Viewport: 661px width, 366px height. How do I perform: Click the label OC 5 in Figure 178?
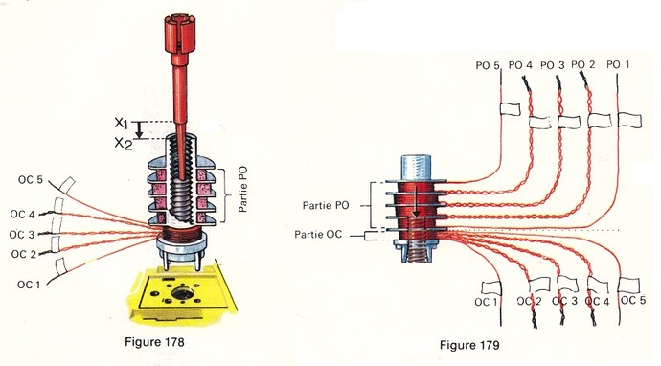click(31, 180)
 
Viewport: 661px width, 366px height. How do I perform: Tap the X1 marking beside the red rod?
click(121, 123)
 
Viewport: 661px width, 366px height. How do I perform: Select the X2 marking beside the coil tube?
click(123, 144)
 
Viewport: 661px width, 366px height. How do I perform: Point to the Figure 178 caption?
click(154, 341)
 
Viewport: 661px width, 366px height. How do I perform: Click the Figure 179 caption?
click(469, 345)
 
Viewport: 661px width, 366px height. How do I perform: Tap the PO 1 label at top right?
click(618, 65)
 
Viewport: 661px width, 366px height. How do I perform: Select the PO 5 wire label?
click(488, 65)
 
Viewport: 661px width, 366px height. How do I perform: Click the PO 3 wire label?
click(552, 65)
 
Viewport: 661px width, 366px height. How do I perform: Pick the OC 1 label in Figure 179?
click(486, 302)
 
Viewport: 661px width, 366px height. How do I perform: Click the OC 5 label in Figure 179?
click(633, 300)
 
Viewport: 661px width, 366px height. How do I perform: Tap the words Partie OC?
click(318, 235)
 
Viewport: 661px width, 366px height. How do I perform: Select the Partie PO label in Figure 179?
click(326, 206)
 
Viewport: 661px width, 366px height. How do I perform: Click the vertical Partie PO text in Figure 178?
click(243, 190)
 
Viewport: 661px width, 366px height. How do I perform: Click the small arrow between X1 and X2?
click(141, 130)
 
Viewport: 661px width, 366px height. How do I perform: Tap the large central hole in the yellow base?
click(182, 294)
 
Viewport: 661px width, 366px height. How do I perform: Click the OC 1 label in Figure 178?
click(29, 285)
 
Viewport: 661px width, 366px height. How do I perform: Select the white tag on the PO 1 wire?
click(629, 120)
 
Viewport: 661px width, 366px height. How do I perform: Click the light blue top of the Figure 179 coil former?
click(416, 168)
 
